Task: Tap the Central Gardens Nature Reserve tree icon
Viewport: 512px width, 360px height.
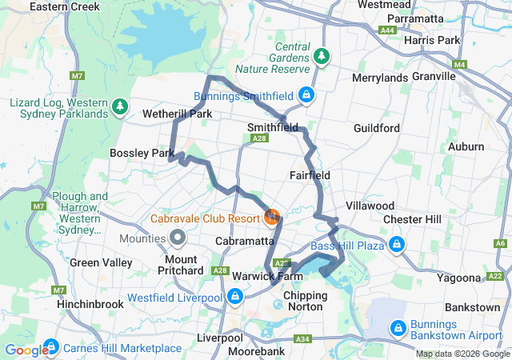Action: pyautogui.click(x=321, y=56)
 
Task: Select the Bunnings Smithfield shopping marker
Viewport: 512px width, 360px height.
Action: pyautogui.click(x=305, y=96)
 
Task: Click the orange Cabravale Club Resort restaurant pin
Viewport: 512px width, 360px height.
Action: pyautogui.click(x=272, y=217)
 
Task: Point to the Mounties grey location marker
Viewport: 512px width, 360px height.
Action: pyautogui.click(x=177, y=238)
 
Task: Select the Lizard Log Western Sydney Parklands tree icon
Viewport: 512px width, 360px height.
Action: pyautogui.click(x=120, y=106)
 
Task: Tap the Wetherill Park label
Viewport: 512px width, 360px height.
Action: pyautogui.click(x=177, y=114)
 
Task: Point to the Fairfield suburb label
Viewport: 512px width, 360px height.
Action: pyautogui.click(x=310, y=174)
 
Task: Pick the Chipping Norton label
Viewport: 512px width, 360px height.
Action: pyautogui.click(x=306, y=302)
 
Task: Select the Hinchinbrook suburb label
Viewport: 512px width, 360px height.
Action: pyautogui.click(x=90, y=304)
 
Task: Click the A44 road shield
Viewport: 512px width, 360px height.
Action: pyautogui.click(x=388, y=30)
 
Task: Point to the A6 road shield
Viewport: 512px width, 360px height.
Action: pyautogui.click(x=501, y=243)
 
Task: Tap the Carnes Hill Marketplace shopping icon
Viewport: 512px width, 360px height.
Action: pyautogui.click(x=51, y=346)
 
